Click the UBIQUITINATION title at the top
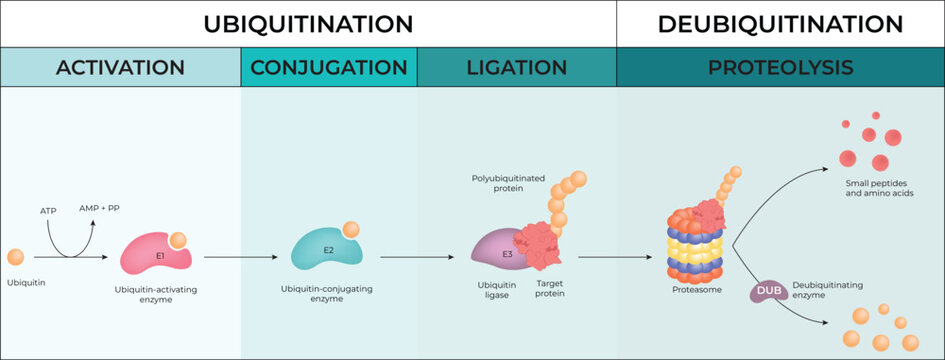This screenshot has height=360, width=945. point(308,23)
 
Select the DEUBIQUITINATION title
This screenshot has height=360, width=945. point(780,23)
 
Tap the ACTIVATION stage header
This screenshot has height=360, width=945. point(120,68)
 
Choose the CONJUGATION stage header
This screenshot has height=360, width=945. point(329,68)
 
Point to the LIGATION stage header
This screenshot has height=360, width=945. point(516,68)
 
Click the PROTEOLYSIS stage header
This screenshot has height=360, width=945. point(780,68)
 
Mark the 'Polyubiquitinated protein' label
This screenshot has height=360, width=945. point(509,184)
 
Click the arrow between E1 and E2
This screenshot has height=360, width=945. point(239,257)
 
